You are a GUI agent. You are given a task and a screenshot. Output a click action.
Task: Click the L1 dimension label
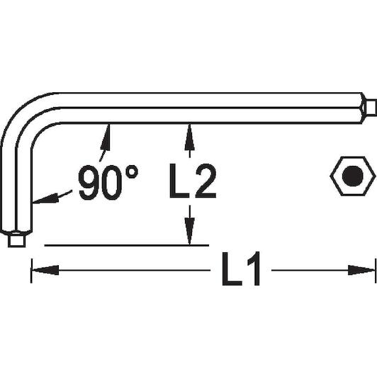click(x=241, y=269)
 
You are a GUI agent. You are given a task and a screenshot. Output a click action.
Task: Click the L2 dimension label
click(x=193, y=181)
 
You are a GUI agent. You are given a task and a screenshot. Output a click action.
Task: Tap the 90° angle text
click(x=108, y=182)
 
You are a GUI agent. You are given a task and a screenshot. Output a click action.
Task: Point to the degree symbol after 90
click(x=132, y=172)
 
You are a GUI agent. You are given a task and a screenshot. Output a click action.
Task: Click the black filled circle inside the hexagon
click(x=353, y=176)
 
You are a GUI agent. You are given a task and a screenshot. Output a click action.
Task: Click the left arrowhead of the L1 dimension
click(x=45, y=270)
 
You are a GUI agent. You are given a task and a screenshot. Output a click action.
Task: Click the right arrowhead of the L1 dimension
click(x=361, y=270)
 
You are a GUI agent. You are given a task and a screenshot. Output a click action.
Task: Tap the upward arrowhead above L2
click(x=190, y=137)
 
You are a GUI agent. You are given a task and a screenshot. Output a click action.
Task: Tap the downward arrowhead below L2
click(x=190, y=231)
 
